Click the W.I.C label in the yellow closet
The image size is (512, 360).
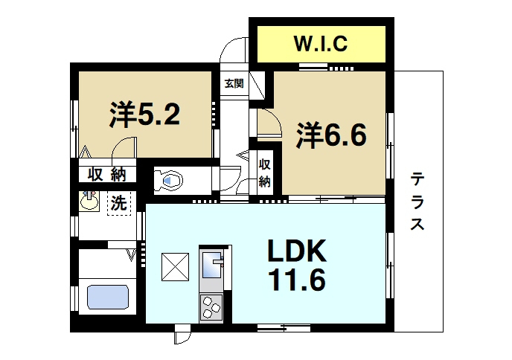(321, 44)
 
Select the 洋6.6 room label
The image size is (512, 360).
(333, 135)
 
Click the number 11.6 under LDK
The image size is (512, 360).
(297, 282)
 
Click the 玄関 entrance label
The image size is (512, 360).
(234, 84)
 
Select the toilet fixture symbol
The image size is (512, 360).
(170, 180)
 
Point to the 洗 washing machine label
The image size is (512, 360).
(118, 202)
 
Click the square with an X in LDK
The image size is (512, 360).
(176, 267)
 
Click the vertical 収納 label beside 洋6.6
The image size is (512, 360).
(264, 173)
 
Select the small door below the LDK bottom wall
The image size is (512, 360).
(182, 337)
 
